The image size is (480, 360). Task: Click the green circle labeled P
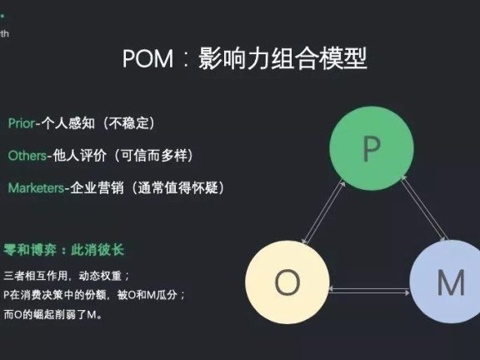371,149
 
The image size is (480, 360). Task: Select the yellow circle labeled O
287,283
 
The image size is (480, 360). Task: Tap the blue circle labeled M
449,283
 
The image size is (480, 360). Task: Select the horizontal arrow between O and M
367,289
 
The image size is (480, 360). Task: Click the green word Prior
22,122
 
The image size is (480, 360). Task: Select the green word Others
27,155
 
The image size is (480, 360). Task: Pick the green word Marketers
35,187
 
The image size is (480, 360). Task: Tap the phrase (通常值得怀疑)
178,187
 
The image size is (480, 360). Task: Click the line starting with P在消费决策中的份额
93,294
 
